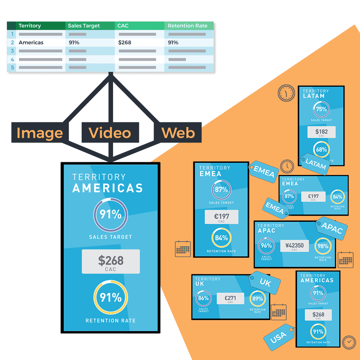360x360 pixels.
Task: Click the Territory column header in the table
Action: point(30,26)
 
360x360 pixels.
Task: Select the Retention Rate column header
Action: point(188,26)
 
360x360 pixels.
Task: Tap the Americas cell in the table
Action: point(31,42)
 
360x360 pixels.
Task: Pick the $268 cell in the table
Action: point(125,42)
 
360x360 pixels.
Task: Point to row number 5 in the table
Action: point(12,67)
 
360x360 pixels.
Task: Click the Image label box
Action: point(40,133)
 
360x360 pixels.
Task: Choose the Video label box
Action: point(110,133)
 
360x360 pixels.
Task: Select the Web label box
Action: point(178,133)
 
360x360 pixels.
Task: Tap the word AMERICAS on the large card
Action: point(108,188)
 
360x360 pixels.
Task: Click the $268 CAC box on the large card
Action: point(111,262)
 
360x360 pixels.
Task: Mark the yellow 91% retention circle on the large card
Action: point(111,298)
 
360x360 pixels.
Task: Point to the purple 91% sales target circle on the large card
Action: point(111,215)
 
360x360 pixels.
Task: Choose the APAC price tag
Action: point(332,228)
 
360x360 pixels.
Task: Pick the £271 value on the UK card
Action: point(230,298)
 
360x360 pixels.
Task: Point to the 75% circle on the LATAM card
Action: point(321,109)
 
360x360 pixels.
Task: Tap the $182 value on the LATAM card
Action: point(321,132)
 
